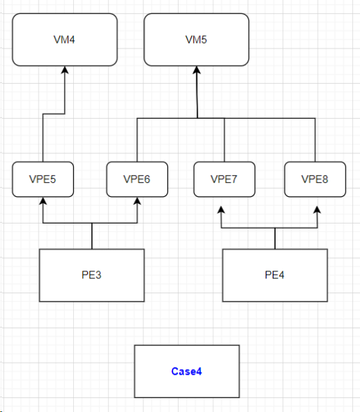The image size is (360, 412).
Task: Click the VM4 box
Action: tap(65, 39)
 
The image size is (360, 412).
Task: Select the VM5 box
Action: tap(196, 39)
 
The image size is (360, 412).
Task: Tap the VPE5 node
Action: tap(43, 179)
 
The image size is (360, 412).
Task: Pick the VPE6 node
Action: tap(137, 179)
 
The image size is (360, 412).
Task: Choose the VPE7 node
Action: tap(224, 179)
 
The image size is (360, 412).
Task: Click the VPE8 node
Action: tap(315, 179)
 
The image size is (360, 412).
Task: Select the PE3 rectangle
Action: tap(91, 275)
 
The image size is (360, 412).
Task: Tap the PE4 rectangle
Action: tap(275, 275)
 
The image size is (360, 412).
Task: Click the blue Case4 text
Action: tap(186, 371)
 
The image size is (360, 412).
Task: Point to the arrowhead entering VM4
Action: tap(65, 70)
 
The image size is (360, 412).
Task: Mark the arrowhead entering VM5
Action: tap(197, 70)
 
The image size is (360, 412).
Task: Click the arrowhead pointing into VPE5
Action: tap(43, 201)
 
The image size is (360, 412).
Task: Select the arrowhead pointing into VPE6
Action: tap(137, 201)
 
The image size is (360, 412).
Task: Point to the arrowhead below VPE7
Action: tap(221, 210)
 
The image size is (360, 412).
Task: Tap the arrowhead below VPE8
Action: tap(317, 210)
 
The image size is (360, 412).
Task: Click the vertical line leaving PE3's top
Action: tap(92, 236)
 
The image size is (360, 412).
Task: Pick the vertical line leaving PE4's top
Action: tap(275, 238)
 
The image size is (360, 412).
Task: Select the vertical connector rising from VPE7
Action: tap(224, 140)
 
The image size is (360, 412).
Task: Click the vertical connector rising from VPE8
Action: tap(315, 140)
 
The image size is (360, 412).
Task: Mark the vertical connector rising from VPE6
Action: tap(137, 140)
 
